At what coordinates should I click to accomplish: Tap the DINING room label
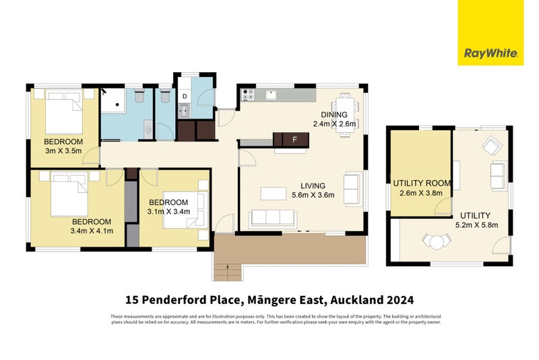coord(334,115)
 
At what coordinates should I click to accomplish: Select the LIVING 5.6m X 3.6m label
coord(313,191)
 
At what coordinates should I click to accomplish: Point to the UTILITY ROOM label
coord(422,183)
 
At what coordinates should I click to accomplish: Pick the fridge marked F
coord(294,140)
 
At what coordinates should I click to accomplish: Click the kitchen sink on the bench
coord(272,94)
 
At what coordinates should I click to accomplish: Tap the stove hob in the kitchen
coord(247,95)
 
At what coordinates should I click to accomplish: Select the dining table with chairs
coord(345,114)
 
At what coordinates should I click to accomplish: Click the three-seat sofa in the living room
coord(273,218)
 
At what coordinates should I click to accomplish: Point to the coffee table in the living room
coord(273,193)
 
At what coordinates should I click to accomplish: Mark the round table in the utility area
coord(436,241)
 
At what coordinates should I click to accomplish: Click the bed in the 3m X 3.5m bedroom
coord(63,114)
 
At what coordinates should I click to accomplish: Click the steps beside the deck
coord(227,271)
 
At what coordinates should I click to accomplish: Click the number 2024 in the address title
coord(398,299)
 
